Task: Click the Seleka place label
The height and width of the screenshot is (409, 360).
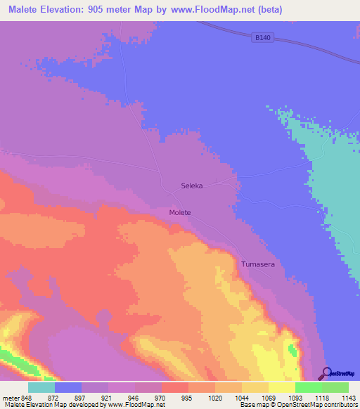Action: (192, 186)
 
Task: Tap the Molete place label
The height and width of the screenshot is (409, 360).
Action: (180, 212)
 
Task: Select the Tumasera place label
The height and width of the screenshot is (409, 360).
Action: (257, 264)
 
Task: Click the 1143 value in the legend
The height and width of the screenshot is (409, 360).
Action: (348, 396)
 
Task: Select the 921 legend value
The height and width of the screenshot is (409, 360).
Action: (108, 396)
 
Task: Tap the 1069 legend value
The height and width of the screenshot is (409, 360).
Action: (268, 396)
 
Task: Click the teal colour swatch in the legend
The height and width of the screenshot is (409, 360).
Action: (41, 387)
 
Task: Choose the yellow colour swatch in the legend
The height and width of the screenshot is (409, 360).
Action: (281, 387)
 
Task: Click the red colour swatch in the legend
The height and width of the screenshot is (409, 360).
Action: (174, 387)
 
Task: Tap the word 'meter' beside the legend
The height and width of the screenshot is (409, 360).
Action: (11, 396)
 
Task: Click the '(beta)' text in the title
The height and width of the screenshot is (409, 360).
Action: (290, 10)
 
